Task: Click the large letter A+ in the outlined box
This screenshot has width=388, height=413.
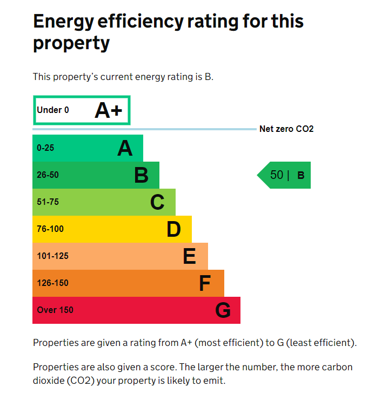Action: (x=109, y=110)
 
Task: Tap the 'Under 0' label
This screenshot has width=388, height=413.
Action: (x=53, y=110)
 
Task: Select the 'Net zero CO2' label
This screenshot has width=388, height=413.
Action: (x=286, y=129)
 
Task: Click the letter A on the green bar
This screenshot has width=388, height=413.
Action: (x=125, y=148)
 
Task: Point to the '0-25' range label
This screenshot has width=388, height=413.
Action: (x=45, y=148)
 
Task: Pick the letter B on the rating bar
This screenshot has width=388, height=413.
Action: (x=141, y=175)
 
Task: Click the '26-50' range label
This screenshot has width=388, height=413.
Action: (x=48, y=175)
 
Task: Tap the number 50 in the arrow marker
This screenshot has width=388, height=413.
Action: (x=277, y=175)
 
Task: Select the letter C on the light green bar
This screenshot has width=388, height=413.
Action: (x=157, y=202)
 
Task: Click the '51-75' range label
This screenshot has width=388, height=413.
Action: (x=48, y=202)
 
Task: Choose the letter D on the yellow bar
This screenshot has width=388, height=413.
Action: (x=173, y=229)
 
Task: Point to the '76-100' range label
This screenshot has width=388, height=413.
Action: (x=50, y=229)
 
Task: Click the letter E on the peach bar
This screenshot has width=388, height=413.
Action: (x=189, y=256)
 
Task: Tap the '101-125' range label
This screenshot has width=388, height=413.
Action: (x=52, y=256)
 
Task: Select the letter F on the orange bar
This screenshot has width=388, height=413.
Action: (x=205, y=283)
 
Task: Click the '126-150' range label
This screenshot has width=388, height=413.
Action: (x=52, y=283)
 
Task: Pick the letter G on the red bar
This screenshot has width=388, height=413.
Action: (x=223, y=310)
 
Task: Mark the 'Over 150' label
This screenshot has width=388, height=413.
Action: (x=55, y=310)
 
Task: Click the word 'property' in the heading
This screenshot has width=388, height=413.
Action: (x=71, y=43)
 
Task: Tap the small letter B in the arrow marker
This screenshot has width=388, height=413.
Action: (x=301, y=176)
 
